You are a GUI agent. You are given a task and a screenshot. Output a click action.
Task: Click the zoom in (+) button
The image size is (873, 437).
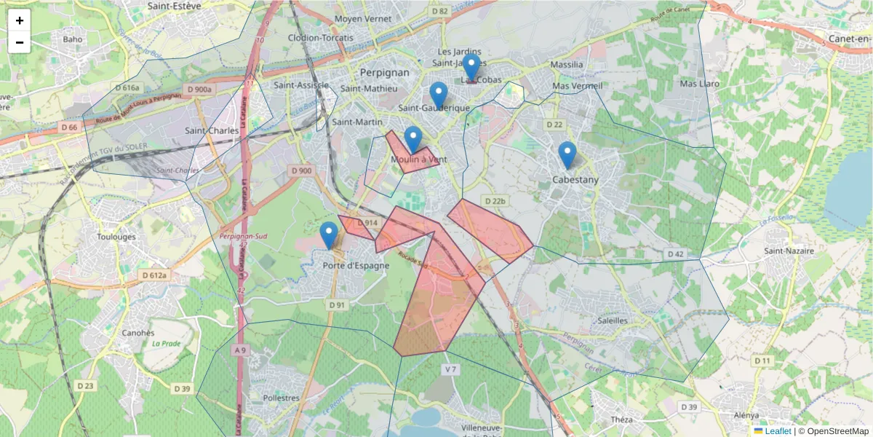[x=20, y=20]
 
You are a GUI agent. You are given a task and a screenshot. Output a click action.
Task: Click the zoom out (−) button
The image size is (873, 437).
[x=20, y=42]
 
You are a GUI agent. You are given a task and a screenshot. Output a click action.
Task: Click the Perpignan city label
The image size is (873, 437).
[x=385, y=73]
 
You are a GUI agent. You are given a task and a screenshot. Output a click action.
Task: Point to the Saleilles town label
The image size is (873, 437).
[x=612, y=320]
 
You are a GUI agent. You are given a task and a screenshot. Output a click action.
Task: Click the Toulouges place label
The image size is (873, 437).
[x=116, y=237]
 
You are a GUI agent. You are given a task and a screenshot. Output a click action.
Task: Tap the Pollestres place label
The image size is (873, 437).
[x=281, y=398]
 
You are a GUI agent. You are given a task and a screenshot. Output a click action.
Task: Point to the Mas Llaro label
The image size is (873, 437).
[x=699, y=84]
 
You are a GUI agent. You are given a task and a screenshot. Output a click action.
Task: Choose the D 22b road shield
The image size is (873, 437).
[x=494, y=201]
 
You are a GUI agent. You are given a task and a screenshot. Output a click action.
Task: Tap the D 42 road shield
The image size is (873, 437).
[x=674, y=254]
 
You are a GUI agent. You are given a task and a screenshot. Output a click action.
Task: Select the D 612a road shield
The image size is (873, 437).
[x=154, y=275]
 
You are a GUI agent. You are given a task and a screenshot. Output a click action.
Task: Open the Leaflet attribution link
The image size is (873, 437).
[x=778, y=431]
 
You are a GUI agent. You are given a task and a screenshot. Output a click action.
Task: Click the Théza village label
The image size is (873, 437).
[x=622, y=420]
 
